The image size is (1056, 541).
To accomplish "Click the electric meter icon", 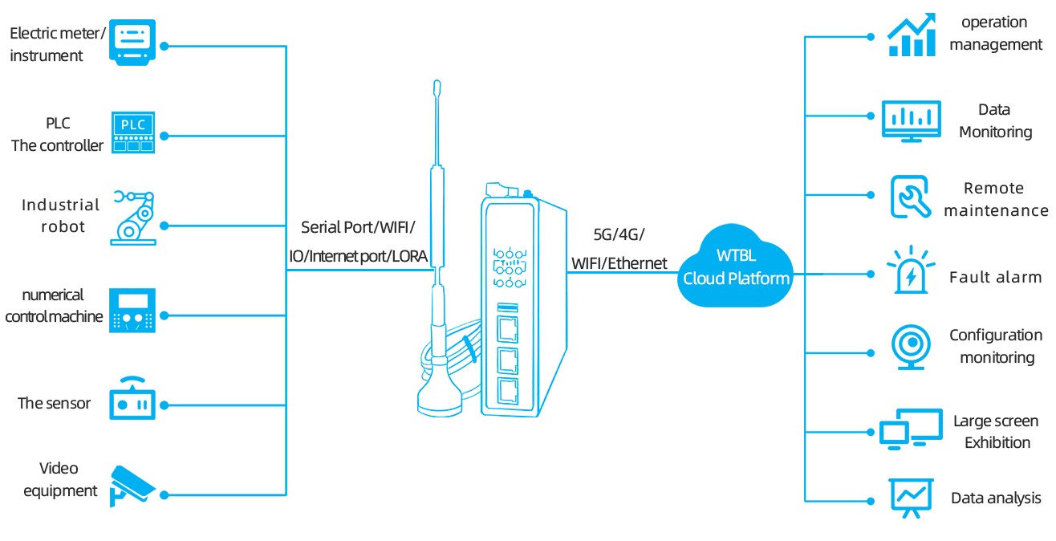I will pyautogui.click(x=132, y=45).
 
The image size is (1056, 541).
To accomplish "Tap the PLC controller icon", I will pyautogui.click(x=132, y=132).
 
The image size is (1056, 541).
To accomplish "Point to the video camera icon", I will pyautogui.click(x=133, y=483).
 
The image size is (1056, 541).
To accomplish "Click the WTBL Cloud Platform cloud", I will pyautogui.click(x=735, y=268).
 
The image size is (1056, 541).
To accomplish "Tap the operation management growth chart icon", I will pyautogui.click(x=912, y=35).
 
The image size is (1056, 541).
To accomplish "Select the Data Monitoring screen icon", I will pyautogui.click(x=912, y=121).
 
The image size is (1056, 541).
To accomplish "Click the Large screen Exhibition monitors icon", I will pyautogui.click(x=911, y=429).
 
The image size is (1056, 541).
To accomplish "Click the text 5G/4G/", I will pyautogui.click(x=619, y=234).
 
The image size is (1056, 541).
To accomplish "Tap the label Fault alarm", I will pyautogui.click(x=995, y=278).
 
